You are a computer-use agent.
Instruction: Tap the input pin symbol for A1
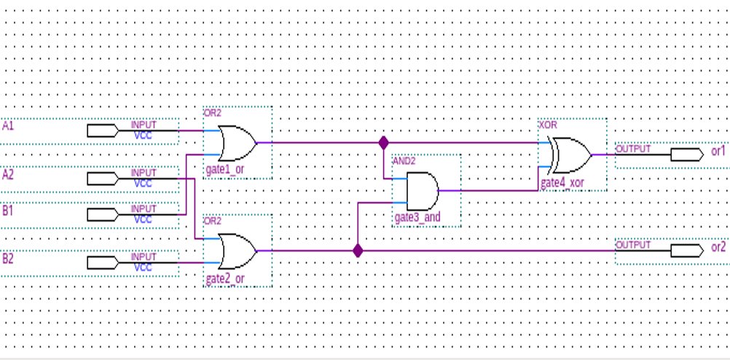(x=103, y=131)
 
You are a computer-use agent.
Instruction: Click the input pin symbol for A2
(x=103, y=179)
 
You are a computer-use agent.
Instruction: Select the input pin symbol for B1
(x=103, y=214)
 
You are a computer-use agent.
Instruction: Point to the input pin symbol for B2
(x=103, y=262)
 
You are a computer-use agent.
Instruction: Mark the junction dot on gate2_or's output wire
(x=358, y=251)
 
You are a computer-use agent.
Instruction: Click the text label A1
(x=9, y=126)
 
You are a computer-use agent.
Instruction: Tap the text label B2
(x=9, y=258)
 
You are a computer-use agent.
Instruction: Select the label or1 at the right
(x=718, y=151)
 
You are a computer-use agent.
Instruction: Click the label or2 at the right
(x=718, y=247)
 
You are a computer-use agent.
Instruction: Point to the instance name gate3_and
(x=417, y=218)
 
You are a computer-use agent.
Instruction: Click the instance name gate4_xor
(x=562, y=182)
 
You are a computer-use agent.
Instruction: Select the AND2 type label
(x=404, y=161)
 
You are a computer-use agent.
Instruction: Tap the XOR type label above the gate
(x=547, y=125)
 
